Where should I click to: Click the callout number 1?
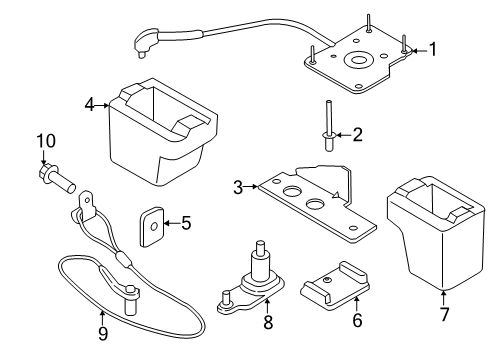click(x=433, y=47)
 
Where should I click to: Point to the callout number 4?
click(x=89, y=104)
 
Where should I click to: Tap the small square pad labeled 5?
click(x=152, y=227)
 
